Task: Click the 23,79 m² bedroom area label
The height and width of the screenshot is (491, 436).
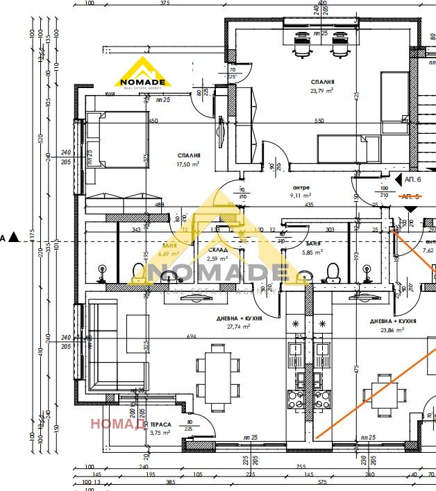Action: click(x=321, y=90)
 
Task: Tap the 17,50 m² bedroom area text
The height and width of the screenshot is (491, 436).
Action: click(x=188, y=164)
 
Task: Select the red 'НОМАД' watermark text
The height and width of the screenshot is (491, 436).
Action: click(x=117, y=423)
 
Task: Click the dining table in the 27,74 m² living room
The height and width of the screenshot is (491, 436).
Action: click(x=214, y=374)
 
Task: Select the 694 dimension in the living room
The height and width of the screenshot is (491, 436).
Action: click(x=191, y=336)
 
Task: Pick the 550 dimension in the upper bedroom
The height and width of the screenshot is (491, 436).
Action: click(x=319, y=121)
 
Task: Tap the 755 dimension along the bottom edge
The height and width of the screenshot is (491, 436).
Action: click(x=301, y=467)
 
